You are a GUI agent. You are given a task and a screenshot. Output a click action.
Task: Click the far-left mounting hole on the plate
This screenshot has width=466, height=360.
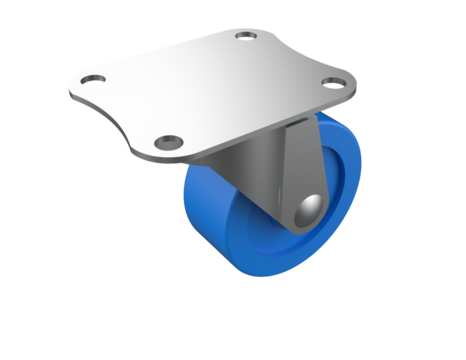coord(93,79)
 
